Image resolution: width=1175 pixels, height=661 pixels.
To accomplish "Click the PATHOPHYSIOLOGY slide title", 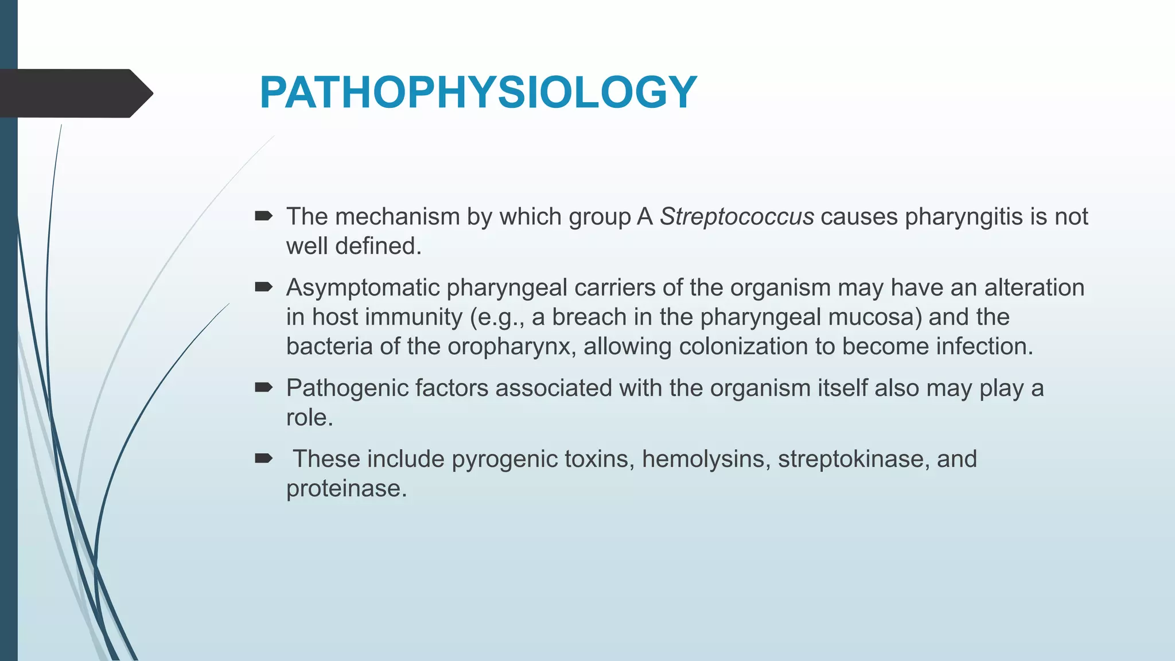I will point(478,92).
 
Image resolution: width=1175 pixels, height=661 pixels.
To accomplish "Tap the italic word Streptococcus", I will point(737,217).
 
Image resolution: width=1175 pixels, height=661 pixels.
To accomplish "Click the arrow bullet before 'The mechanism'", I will point(263,216).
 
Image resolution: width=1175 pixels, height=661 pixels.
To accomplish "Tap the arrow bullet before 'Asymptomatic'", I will point(263,287).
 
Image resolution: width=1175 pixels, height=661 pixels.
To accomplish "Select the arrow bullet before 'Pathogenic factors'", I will point(263,388).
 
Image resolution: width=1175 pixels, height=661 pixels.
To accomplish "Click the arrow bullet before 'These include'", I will point(263,458).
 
